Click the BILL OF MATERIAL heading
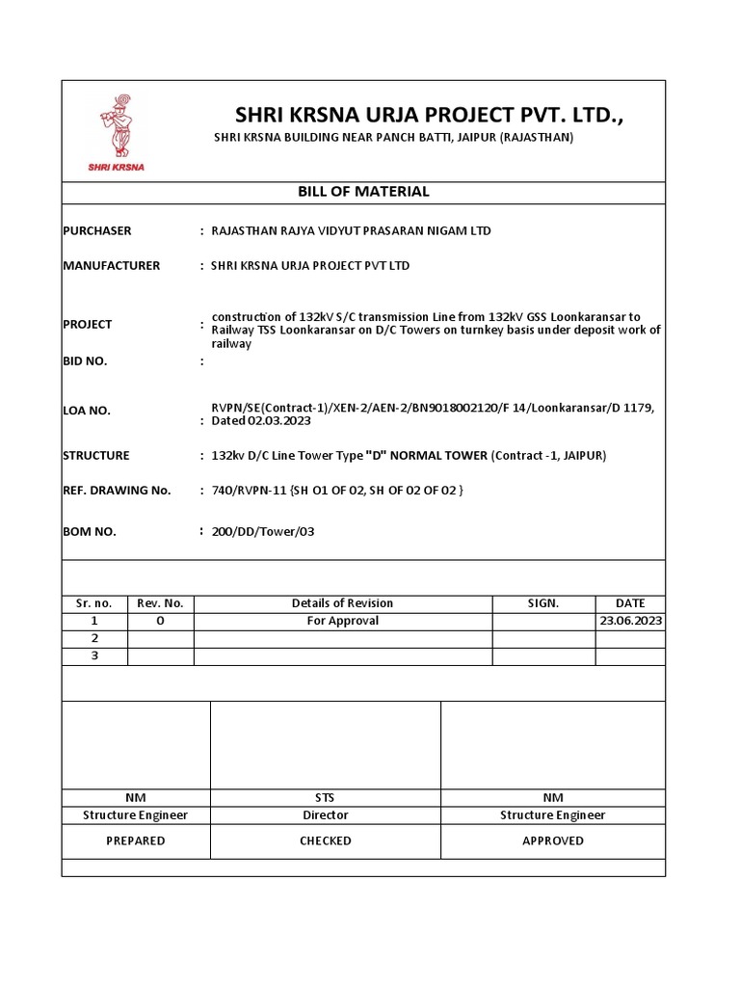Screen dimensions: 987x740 pyautogui.click(x=363, y=192)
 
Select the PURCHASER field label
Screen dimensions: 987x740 pyautogui.click(x=96, y=231)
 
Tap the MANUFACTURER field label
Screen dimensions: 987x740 pyautogui.click(x=111, y=266)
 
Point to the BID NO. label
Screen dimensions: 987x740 pyautogui.click(x=85, y=361)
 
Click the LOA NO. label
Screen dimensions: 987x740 pyautogui.click(x=87, y=411)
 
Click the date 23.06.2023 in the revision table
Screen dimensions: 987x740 pyautogui.click(x=630, y=622)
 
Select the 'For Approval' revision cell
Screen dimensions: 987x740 pyautogui.click(x=342, y=622)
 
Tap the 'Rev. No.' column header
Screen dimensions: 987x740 pyautogui.click(x=160, y=603)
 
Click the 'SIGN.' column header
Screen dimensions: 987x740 pyautogui.click(x=543, y=603)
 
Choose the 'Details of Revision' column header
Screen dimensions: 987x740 pyautogui.click(x=342, y=603)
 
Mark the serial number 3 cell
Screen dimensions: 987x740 pyautogui.click(x=94, y=656)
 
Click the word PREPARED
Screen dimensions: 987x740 pyautogui.click(x=135, y=840)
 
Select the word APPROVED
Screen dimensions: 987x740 pyautogui.click(x=552, y=840)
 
